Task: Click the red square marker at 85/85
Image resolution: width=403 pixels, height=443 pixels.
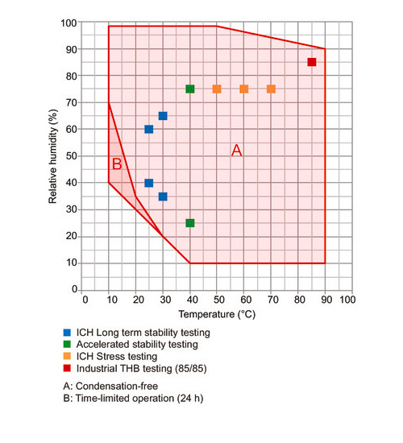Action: [312, 62]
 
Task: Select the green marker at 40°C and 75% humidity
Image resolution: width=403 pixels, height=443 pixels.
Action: [190, 89]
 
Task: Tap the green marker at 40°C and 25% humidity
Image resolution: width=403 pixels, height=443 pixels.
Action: [190, 223]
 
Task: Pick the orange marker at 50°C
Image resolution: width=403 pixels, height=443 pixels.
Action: [217, 89]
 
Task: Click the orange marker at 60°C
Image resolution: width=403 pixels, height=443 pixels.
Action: [244, 89]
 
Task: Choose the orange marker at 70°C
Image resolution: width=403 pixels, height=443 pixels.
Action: [271, 89]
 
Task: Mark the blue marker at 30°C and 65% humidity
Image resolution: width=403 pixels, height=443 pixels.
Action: [163, 116]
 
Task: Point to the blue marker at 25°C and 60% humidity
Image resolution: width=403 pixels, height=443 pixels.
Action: [149, 129]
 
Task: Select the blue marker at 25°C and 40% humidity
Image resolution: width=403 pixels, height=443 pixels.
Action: [149, 183]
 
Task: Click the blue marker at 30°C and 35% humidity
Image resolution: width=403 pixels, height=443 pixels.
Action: [163, 197]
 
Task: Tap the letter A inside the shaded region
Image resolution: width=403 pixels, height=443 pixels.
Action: [237, 150]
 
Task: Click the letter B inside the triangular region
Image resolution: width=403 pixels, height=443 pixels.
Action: [117, 164]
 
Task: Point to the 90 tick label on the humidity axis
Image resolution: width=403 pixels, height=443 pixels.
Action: [71, 49]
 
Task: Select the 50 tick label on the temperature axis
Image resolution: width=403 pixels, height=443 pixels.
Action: [219, 300]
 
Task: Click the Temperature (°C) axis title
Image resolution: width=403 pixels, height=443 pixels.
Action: [217, 314]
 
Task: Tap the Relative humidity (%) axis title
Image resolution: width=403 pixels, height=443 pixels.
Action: [52, 156]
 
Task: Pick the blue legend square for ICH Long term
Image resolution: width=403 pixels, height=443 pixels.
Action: [67, 333]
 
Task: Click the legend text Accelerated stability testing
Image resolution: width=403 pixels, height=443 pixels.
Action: [137, 345]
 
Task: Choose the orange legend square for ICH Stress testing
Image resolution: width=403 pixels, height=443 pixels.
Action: [67, 356]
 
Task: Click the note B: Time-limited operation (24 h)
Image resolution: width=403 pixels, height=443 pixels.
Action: [133, 398]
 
